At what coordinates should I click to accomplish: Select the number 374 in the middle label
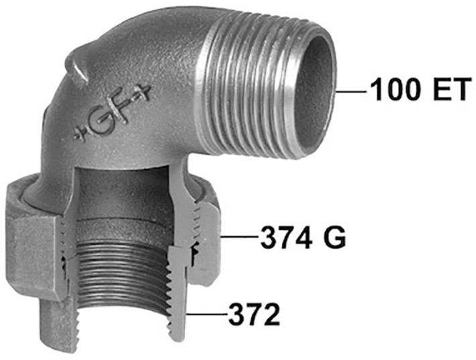tap(287, 237)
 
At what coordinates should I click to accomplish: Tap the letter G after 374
tap(334, 237)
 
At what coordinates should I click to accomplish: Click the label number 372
tap(254, 314)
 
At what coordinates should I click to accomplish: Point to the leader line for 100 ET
tap(352, 91)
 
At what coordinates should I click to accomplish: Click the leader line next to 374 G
tap(240, 236)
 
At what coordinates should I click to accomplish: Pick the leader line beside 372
tap(207, 314)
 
